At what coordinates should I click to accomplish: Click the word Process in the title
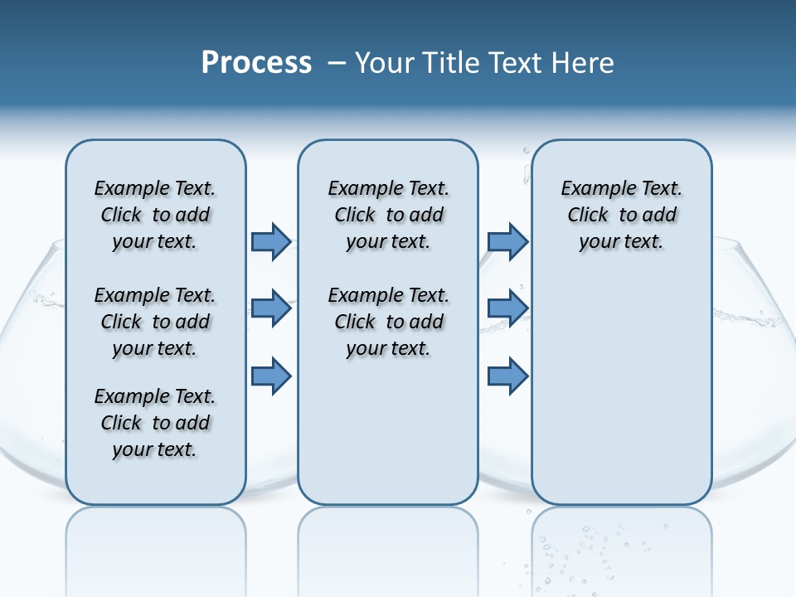tap(256, 63)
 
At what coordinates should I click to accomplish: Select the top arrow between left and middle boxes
tap(271, 241)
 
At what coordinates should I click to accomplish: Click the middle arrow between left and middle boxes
tap(271, 309)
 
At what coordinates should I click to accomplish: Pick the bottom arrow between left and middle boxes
tap(271, 376)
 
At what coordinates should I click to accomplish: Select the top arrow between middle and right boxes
tap(507, 241)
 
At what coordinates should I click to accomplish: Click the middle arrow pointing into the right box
tap(507, 309)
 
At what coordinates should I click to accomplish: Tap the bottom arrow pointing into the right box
tap(507, 376)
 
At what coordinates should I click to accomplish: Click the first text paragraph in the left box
tap(155, 215)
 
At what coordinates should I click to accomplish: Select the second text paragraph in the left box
tap(155, 322)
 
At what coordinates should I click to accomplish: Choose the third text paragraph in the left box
tap(155, 423)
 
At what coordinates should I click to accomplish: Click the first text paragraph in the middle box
tap(389, 215)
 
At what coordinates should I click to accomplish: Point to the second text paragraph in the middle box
tap(389, 322)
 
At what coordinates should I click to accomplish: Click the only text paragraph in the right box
tap(622, 215)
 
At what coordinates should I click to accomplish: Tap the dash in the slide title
tap(337, 63)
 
